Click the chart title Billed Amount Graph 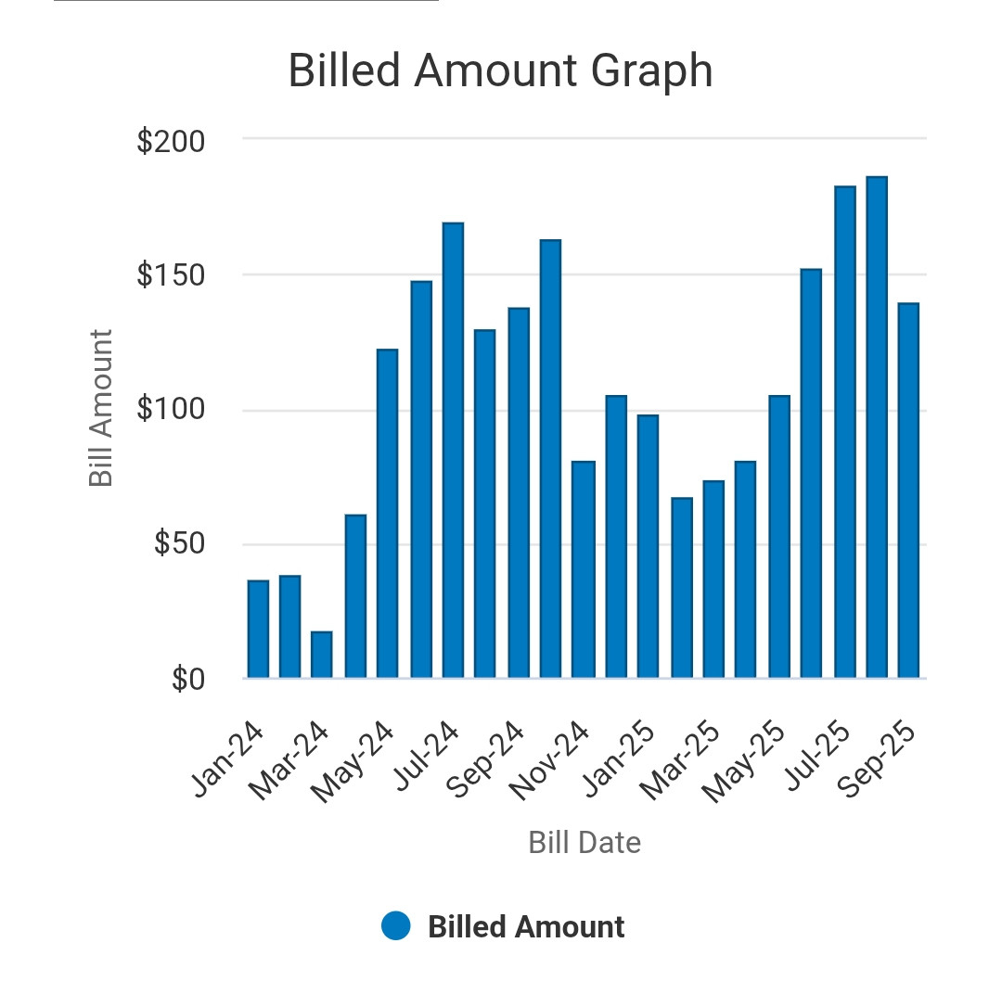(x=500, y=71)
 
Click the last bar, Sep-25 (x=909, y=490)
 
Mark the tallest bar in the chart (x=877, y=427)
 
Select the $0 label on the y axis (x=187, y=680)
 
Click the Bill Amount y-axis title (x=101, y=408)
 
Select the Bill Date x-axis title (x=584, y=842)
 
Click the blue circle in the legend (x=396, y=926)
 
